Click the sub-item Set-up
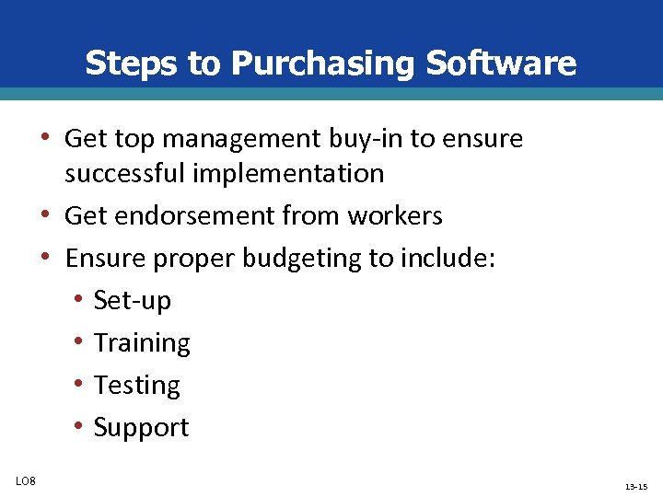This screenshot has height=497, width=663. (x=133, y=301)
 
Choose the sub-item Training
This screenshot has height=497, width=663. (x=142, y=343)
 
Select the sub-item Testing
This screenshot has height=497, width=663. (x=137, y=386)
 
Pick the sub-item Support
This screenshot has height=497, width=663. (x=141, y=428)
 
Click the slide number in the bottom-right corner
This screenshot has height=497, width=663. (x=635, y=486)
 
